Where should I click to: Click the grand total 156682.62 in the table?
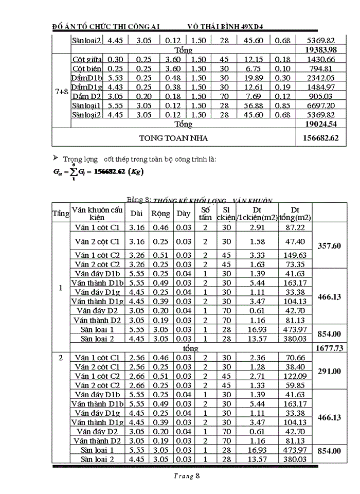click(321, 138)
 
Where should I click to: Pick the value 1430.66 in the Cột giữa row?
click(321, 60)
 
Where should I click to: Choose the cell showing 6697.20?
click(321, 105)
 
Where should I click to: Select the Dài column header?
click(137, 213)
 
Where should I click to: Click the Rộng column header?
click(161, 213)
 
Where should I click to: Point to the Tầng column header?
click(61, 213)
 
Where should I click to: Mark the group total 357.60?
click(329, 246)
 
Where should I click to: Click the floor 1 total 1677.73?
click(329, 348)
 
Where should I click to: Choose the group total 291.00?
click(329, 371)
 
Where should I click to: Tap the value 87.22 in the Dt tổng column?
click(295, 227)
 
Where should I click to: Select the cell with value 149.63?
click(295, 255)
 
